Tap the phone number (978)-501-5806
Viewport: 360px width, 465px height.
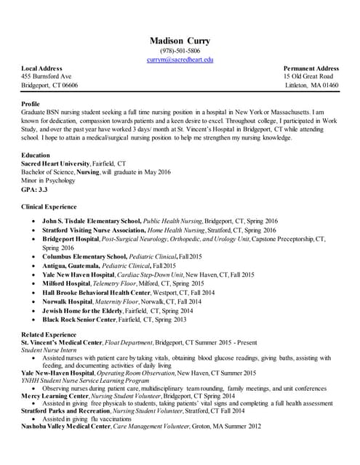tap(180, 51)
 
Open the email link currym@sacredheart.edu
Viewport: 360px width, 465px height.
tap(180, 60)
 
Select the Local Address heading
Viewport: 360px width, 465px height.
tap(41, 68)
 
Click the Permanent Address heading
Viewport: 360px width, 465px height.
tap(311, 68)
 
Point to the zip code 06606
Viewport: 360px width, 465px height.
tap(68, 85)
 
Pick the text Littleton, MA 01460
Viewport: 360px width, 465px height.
tap(311, 85)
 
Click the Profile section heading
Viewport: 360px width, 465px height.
tap(31, 104)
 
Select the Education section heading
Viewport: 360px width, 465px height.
tap(36, 155)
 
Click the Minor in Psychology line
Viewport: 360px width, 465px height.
tap(48, 180)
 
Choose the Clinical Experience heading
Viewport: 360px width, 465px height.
tap(49, 207)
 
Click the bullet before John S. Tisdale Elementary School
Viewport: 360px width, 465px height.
tap(28, 220)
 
